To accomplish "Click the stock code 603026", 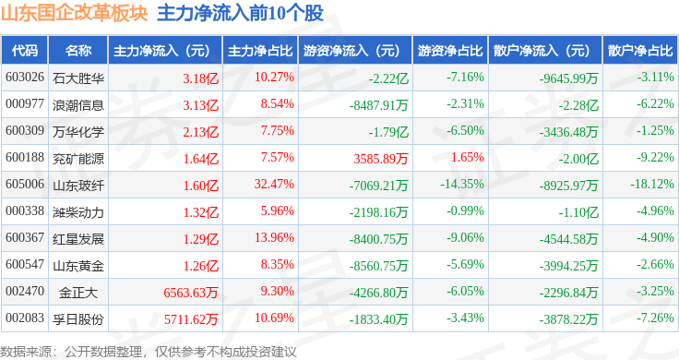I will coord(25,77).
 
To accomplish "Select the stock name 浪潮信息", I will coord(78,104).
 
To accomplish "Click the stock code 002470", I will coord(25,292).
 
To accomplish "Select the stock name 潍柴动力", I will coord(78,211).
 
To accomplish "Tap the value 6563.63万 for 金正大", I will coord(190,292).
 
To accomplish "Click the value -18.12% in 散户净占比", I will coord(649,185).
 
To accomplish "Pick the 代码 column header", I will coord(27,50).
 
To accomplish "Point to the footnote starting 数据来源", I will coord(149,351).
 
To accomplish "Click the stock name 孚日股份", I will coord(78,318).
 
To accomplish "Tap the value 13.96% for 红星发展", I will coord(274,238).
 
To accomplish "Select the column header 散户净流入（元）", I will coord(541,50).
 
